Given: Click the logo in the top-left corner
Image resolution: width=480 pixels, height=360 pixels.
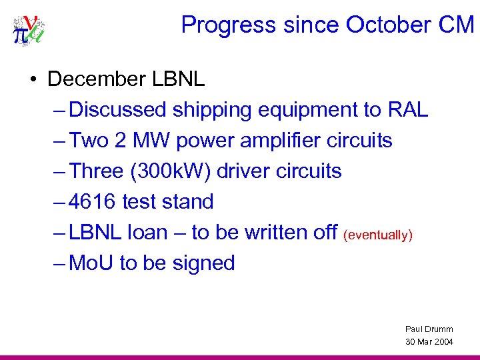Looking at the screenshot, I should coord(29,31).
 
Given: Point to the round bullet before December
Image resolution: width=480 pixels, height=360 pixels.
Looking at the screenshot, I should coord(33,80).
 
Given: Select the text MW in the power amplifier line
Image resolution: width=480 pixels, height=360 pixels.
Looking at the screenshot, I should coord(153,140).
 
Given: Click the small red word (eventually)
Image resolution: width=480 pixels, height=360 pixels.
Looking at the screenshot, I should coord(378,234).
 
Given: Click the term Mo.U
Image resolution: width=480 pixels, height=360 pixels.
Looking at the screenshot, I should coord(91,263).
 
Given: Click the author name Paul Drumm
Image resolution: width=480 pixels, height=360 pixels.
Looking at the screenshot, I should coord(429,329).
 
